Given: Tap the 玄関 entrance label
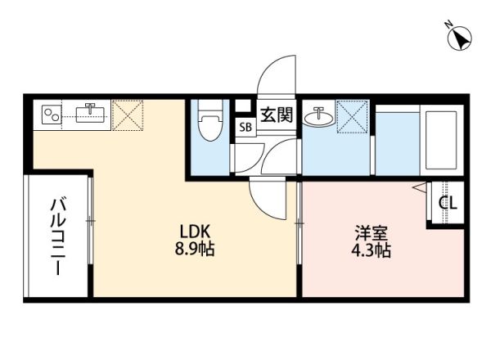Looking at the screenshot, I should pyautogui.click(x=276, y=115).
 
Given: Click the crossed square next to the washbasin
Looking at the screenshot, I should pyautogui.click(x=354, y=115).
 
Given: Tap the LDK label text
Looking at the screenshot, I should pyautogui.click(x=194, y=232).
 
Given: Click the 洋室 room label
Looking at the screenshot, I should pyautogui.click(x=370, y=232).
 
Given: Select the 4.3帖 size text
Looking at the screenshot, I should pyautogui.click(x=370, y=250).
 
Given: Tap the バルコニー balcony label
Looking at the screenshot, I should pyautogui.click(x=57, y=237).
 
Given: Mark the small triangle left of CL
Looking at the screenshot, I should pyautogui.click(x=420, y=188).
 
